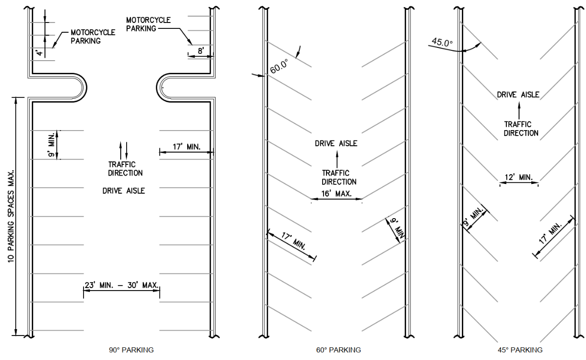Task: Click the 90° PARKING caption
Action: coord(131,350)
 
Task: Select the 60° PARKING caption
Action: coord(338,350)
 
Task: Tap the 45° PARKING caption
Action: coord(520,350)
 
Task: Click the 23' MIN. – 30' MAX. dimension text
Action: coord(122,285)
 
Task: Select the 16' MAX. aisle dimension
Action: coord(336,194)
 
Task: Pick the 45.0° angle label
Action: coord(442,43)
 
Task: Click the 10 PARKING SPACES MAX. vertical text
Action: coord(11,217)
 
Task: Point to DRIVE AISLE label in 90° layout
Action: coord(124,191)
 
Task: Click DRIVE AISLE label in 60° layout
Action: coord(336,143)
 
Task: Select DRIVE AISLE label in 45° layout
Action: coord(518,94)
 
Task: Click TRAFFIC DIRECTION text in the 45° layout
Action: coord(521,129)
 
